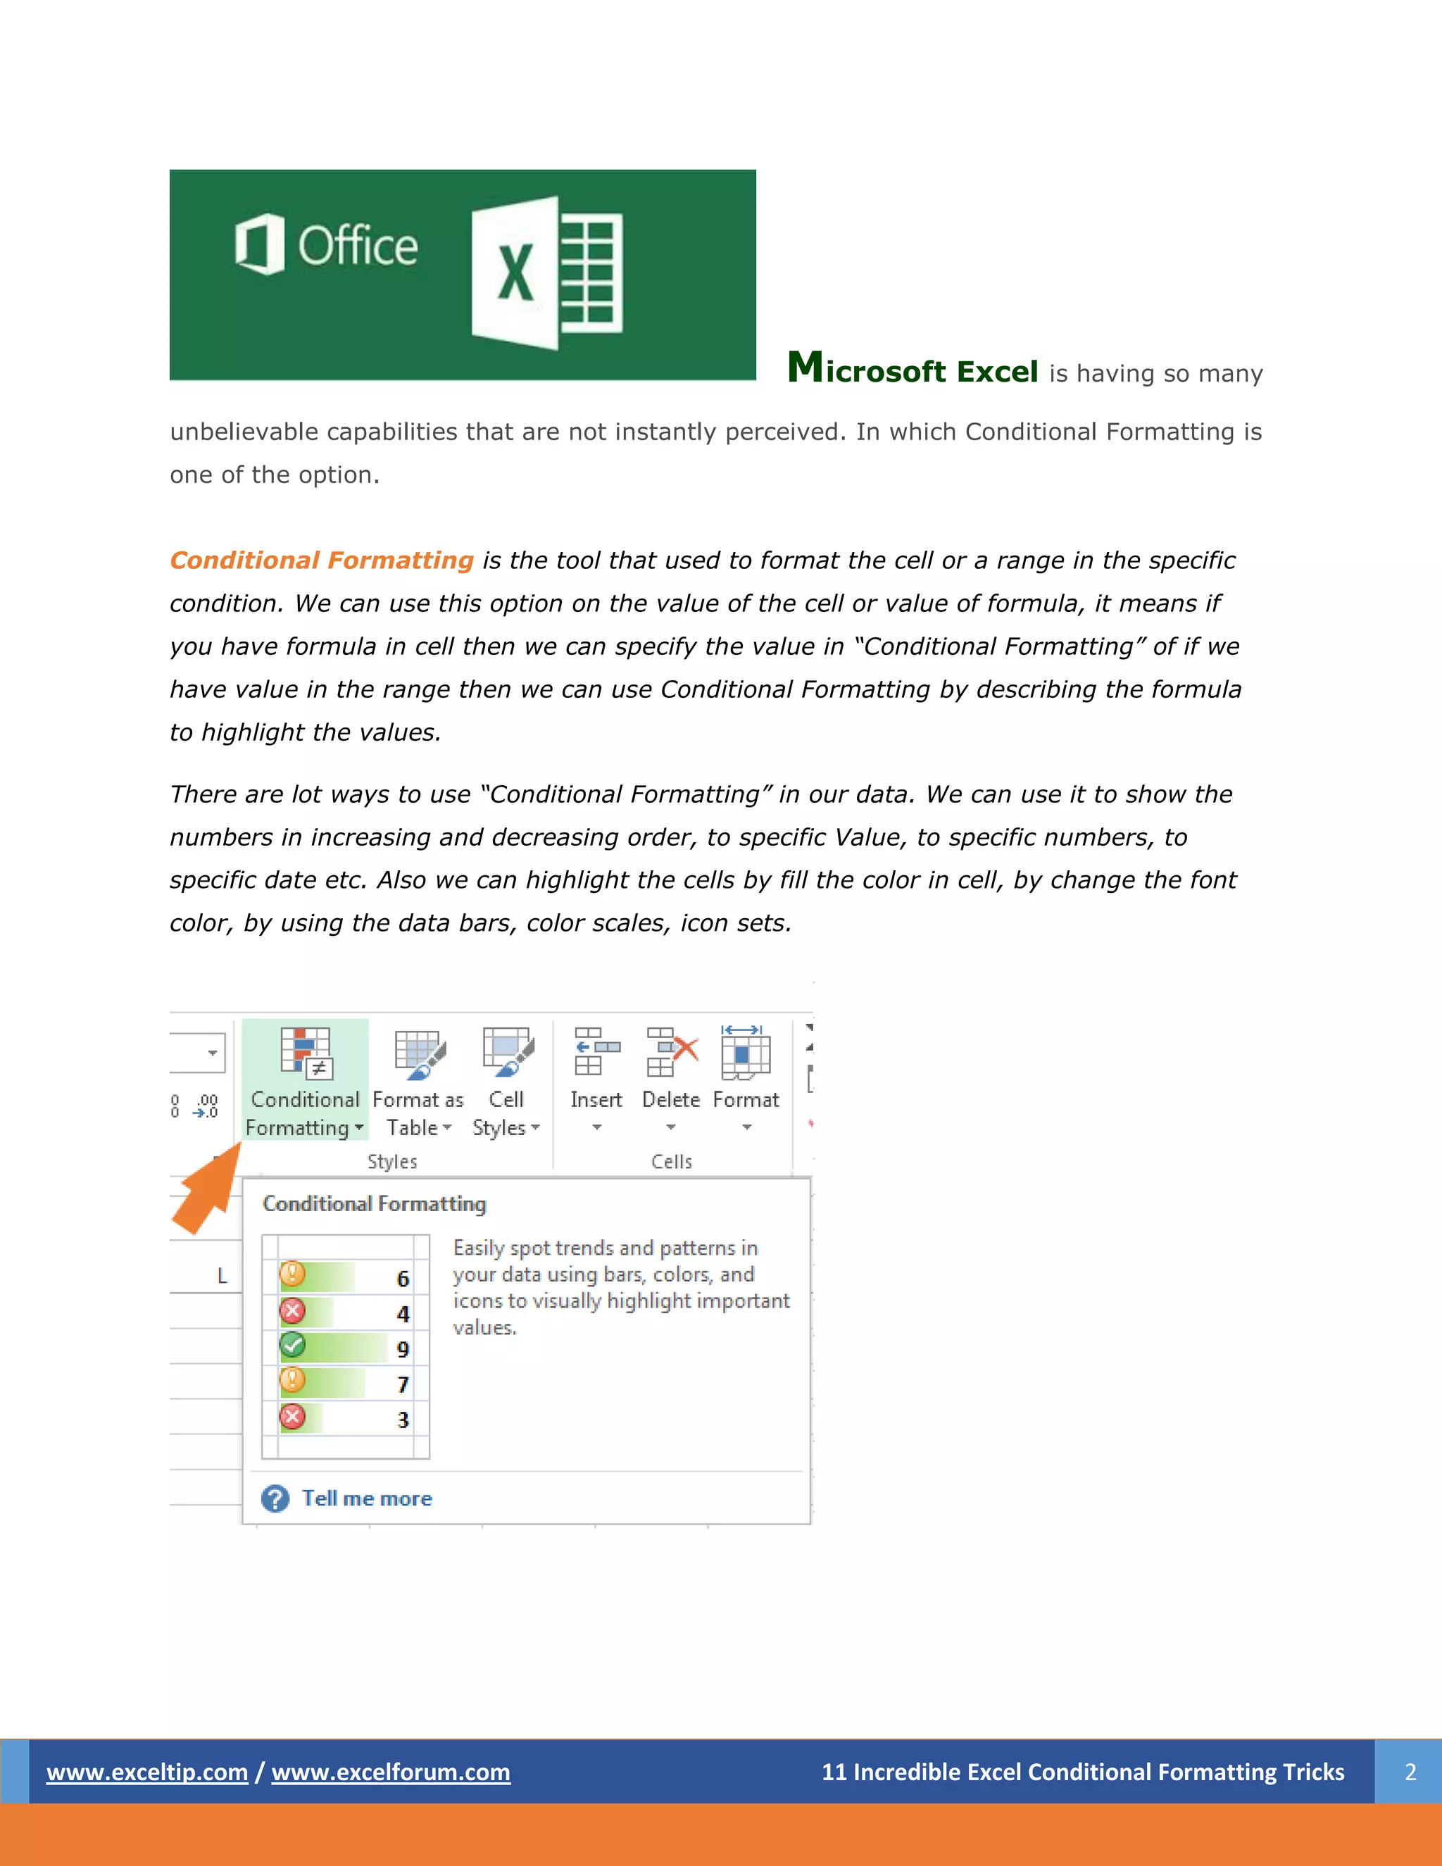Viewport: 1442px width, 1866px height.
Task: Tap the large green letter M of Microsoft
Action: (x=805, y=368)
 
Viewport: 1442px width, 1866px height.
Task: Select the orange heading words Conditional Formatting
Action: (x=321, y=561)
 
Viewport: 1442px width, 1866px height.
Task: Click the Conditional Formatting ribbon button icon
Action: (x=306, y=1053)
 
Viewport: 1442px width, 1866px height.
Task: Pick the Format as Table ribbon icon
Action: (x=420, y=1054)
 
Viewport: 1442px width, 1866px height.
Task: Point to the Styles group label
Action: (x=392, y=1162)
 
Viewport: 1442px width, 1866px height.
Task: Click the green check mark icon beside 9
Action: (x=292, y=1346)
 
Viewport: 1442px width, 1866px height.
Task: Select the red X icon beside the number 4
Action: (x=292, y=1310)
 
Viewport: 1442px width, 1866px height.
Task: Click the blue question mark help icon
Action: (x=275, y=1498)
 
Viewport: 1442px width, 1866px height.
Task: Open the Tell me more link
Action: (x=368, y=1498)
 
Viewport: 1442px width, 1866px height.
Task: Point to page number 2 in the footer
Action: (x=1410, y=1773)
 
